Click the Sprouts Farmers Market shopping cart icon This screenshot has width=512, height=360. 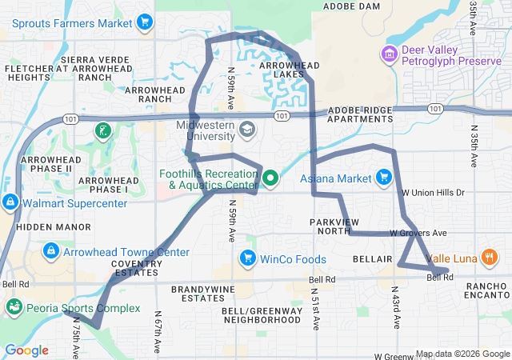coord(145,22)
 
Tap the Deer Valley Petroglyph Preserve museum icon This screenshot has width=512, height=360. coord(390,54)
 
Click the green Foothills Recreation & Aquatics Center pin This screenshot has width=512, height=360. coord(270,178)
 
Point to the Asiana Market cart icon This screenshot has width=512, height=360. coord(384,178)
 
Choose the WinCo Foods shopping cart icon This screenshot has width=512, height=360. coord(247,258)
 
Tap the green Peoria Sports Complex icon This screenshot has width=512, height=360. coord(14,306)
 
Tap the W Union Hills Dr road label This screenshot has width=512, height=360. coord(433,193)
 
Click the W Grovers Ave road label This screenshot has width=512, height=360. coord(418,233)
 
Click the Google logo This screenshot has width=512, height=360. coord(26,350)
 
